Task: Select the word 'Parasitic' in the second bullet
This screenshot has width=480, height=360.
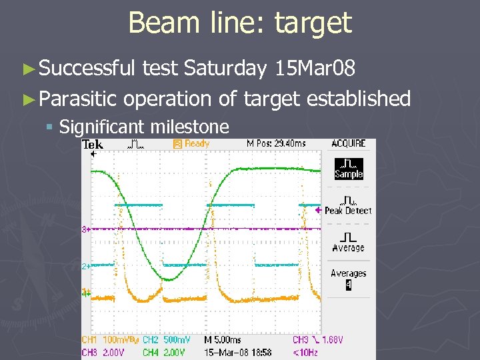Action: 78,99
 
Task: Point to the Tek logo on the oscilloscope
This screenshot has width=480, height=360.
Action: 93,144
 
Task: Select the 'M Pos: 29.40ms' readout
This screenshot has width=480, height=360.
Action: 275,143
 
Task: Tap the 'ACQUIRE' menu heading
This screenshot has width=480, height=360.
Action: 348,143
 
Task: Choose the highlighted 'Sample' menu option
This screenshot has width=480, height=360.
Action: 348,169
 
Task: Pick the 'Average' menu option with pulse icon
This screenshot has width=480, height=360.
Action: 348,243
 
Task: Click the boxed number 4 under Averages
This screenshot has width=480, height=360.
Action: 348,285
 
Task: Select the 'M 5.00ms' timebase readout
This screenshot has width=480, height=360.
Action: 223,340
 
